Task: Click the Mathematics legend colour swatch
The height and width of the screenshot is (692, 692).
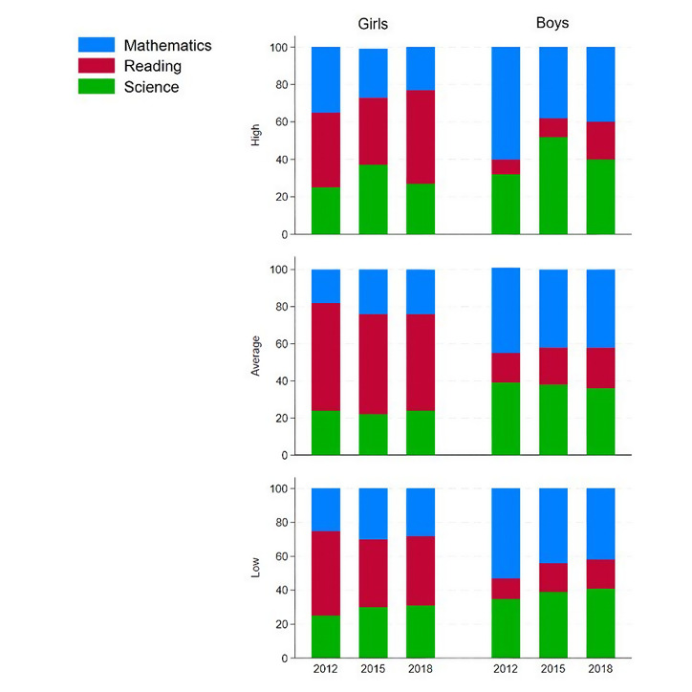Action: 97,45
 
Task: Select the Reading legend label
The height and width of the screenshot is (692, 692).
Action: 152,66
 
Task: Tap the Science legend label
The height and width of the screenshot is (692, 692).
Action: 151,87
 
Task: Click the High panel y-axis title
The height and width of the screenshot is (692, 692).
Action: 255,137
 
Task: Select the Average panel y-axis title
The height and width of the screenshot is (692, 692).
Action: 255,355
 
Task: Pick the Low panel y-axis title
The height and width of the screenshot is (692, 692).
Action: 255,571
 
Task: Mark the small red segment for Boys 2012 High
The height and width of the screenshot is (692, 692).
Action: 506,167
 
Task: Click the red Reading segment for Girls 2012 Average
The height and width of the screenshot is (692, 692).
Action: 326,357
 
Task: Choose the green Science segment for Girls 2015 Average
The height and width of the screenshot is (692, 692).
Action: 374,435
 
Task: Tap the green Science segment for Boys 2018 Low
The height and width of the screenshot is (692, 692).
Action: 600,623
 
